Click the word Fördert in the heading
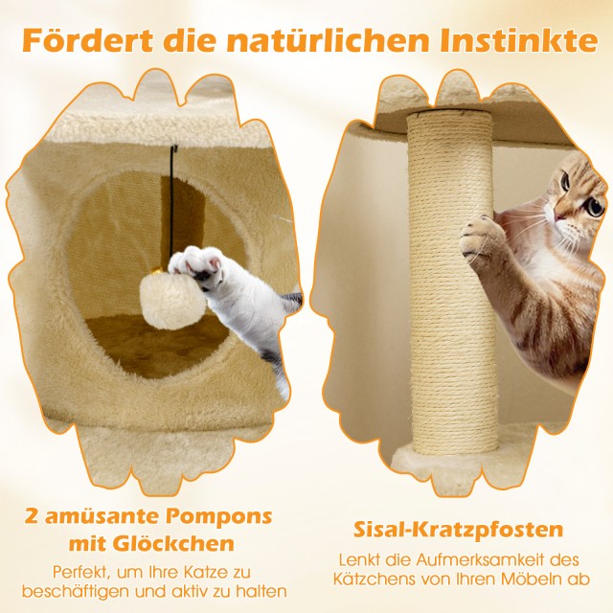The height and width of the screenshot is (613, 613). [x=87, y=40]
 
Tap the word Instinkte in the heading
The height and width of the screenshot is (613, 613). [x=518, y=40]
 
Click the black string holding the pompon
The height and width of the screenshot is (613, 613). [x=172, y=203]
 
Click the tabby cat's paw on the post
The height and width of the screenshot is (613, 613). [x=478, y=237]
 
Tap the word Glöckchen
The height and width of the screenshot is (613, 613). [x=173, y=543]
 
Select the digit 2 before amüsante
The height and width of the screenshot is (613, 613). [x=32, y=516]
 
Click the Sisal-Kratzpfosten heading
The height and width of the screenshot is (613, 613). [x=458, y=530]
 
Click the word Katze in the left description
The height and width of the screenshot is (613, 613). [x=206, y=572]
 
